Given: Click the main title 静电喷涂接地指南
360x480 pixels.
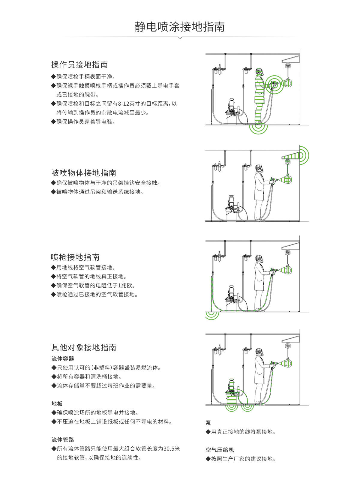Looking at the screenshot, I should point(180,27).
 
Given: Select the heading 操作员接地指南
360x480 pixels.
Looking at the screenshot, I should point(79,65).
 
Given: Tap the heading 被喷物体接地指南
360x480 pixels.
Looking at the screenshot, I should point(84,173).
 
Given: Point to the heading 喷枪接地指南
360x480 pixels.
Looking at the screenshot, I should point(75,257).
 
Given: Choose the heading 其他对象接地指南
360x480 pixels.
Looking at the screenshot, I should point(84,348).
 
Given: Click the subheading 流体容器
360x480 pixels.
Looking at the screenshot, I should point(63,359).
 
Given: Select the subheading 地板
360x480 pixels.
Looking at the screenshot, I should point(57,404).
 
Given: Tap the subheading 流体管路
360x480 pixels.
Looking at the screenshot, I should point(63,440).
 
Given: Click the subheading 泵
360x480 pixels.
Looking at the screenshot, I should point(208,423).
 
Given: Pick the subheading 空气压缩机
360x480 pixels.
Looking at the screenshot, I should point(220,450).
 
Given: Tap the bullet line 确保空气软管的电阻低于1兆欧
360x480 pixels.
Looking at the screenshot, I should point(96,286).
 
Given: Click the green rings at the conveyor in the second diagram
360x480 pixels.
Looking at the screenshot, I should point(303,155).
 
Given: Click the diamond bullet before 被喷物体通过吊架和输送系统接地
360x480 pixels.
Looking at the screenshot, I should point(53,192).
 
